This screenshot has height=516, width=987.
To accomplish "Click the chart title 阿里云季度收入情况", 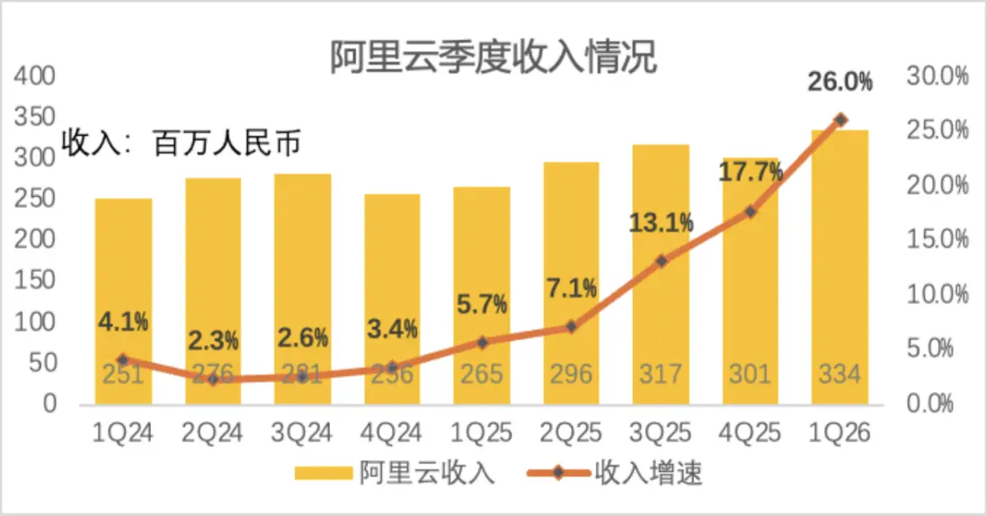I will point(493,58).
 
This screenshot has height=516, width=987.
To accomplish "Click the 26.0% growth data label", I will point(840,84).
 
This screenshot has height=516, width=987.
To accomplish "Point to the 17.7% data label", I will point(751,171).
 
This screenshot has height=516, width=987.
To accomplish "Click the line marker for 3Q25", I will point(661,262).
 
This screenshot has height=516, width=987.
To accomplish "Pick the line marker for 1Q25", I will point(482,343).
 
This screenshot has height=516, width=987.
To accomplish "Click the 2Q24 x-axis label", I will point(213,433).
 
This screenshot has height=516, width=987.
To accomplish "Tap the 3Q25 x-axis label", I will point(661,433).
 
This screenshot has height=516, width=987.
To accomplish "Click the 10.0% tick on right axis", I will point(938,294).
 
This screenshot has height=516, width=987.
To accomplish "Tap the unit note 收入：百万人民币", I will point(180,144).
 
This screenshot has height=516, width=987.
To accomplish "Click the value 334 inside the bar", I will point(840,373).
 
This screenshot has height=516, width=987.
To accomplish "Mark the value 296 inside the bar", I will point(571,373).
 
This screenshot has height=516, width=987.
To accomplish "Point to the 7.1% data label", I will point(571,289).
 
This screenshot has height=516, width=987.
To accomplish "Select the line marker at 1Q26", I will point(840,120).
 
